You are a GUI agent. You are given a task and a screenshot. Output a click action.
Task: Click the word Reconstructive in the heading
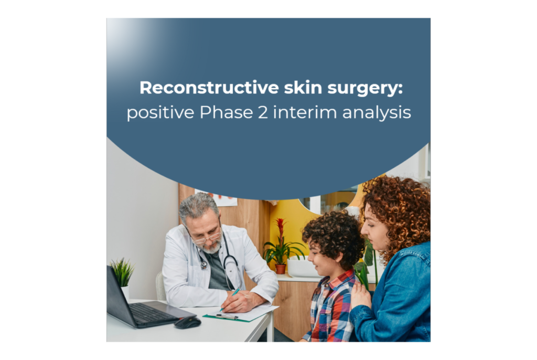[x=209, y=88]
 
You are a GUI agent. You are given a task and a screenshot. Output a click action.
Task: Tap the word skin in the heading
[x=303, y=88]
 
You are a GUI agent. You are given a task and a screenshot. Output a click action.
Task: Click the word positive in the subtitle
[x=160, y=113]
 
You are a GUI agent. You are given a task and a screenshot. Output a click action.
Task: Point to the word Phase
[x=226, y=112]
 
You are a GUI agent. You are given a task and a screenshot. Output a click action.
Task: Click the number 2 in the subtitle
[x=263, y=112]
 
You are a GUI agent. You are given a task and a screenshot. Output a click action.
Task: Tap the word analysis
[x=377, y=113]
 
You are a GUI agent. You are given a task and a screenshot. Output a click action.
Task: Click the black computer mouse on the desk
[x=187, y=322]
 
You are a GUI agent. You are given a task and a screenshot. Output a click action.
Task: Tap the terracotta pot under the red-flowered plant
[x=281, y=269]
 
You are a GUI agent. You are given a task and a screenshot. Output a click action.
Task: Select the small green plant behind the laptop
[x=122, y=272]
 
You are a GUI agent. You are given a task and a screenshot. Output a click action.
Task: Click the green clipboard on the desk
[x=237, y=316]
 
